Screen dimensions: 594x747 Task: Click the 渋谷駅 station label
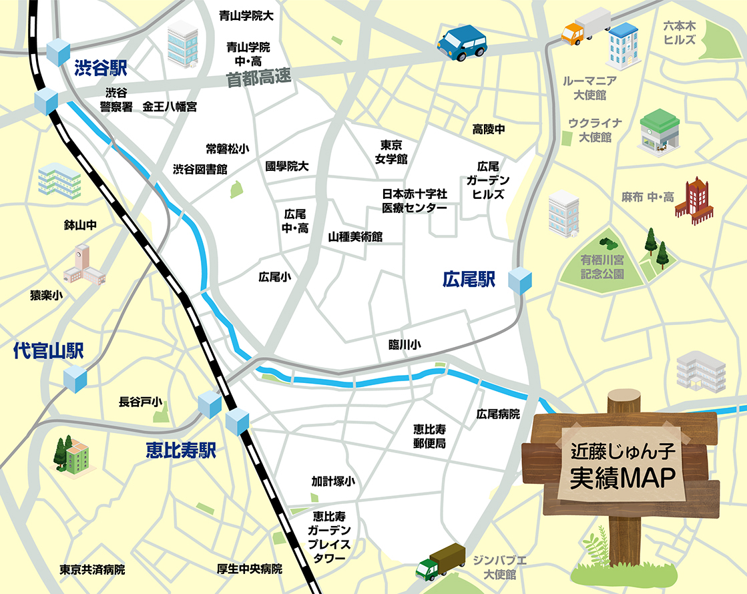[100, 67]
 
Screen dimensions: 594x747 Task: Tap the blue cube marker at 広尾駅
[521, 280]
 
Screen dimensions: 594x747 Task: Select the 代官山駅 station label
[48, 352]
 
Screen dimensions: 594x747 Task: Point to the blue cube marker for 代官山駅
[75, 378]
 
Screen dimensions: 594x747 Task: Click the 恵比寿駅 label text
[181, 451]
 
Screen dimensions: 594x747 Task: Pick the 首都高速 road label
[259, 79]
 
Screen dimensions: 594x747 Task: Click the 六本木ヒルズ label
[680, 32]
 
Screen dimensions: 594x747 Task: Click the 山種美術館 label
[355, 237]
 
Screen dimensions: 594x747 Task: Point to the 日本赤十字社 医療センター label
[414, 200]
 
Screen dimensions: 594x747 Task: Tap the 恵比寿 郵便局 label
[429, 435]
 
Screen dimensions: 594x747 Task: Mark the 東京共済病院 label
[92, 570]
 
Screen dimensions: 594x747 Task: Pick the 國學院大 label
[287, 166]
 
